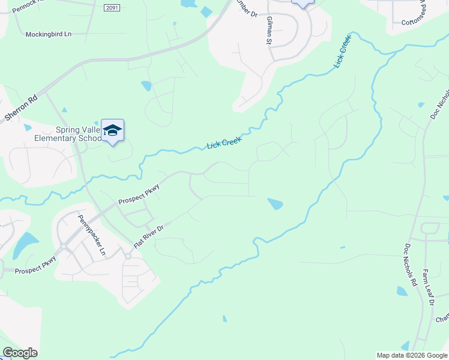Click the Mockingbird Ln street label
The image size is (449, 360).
click(48, 34)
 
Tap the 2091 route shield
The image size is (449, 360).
click(110, 7)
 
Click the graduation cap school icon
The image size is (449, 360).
click(112, 130)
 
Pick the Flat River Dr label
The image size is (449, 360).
click(148, 235)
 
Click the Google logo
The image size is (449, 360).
click(20, 353)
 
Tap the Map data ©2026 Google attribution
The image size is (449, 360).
click(412, 355)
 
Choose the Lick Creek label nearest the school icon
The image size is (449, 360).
click(224, 142)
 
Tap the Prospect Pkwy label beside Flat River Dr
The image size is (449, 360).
click(138, 193)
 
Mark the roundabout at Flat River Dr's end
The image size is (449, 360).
click(128, 256)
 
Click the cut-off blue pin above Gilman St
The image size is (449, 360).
click(303, 3)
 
